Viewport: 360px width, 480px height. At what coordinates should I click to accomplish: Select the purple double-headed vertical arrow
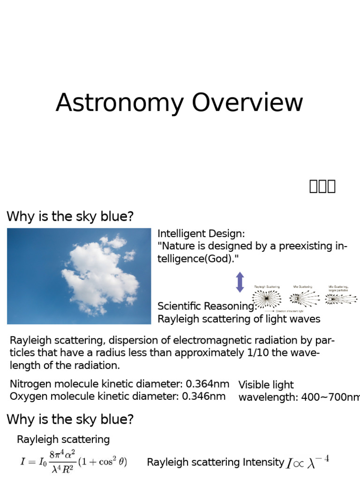point(240,282)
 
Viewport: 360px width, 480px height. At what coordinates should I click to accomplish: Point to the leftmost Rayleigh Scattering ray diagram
point(267,298)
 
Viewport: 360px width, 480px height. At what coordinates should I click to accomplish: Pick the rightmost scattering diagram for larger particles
point(341,299)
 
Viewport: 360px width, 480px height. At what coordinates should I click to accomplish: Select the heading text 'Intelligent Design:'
point(201,233)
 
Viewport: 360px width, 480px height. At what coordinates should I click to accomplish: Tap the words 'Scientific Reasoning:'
point(207,306)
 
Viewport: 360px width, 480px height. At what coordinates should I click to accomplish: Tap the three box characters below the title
point(322,186)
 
